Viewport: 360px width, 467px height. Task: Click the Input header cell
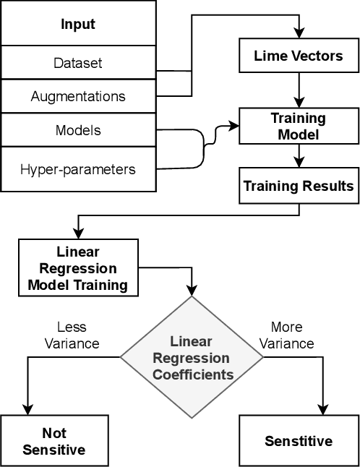(78, 24)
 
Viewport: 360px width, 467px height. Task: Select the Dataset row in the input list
(78, 63)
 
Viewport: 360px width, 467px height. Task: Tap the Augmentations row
(78, 95)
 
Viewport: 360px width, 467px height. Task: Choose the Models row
(78, 130)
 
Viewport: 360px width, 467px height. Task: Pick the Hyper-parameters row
(78, 169)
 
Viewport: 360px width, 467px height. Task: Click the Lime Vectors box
(299, 56)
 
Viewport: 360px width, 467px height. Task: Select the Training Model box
(299, 126)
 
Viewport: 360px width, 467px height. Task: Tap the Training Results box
(299, 186)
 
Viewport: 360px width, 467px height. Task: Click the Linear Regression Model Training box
(77, 268)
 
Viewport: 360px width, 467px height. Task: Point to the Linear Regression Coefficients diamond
(192, 357)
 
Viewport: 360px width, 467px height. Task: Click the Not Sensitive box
(54, 441)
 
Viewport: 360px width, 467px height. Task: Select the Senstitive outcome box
(299, 441)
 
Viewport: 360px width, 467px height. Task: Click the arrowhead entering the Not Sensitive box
(27, 409)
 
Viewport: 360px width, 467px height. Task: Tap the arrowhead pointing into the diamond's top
(192, 291)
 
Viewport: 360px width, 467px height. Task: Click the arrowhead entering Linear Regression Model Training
(77, 237)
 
